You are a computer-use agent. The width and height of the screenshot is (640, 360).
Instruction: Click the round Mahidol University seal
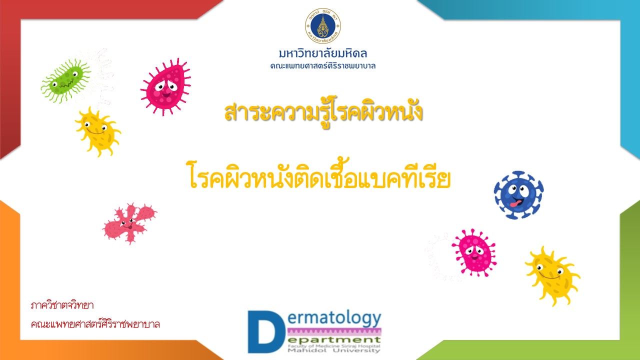[x=323, y=25]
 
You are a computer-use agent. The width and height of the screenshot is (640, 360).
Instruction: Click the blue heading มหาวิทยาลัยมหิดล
[x=323, y=53]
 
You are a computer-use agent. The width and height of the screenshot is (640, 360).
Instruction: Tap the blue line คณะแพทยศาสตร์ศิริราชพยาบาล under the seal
[x=323, y=66]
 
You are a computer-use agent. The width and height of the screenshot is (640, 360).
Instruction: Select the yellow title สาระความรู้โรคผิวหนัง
[x=323, y=112]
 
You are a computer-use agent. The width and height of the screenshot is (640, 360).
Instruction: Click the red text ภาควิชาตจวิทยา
[x=62, y=305]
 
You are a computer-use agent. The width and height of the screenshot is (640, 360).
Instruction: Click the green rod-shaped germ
[x=65, y=80]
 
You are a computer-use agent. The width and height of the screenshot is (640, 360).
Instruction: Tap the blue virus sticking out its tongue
[x=518, y=195]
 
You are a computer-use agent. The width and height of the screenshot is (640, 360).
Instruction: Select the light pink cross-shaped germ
[x=130, y=223]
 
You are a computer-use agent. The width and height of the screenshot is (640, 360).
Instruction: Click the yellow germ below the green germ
[x=98, y=132]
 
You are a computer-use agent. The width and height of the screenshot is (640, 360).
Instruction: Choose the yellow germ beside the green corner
[x=552, y=275]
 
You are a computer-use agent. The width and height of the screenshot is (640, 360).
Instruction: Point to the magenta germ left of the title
[x=165, y=87]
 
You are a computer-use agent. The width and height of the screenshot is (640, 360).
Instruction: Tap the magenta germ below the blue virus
[x=474, y=253]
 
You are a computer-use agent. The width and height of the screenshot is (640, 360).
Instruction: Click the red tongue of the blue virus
[x=515, y=204]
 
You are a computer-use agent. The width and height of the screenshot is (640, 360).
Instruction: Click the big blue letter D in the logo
[x=264, y=331]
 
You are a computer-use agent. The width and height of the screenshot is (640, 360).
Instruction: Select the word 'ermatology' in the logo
[x=334, y=319]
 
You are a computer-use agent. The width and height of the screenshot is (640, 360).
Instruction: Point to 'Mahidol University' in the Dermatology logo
[x=333, y=350]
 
